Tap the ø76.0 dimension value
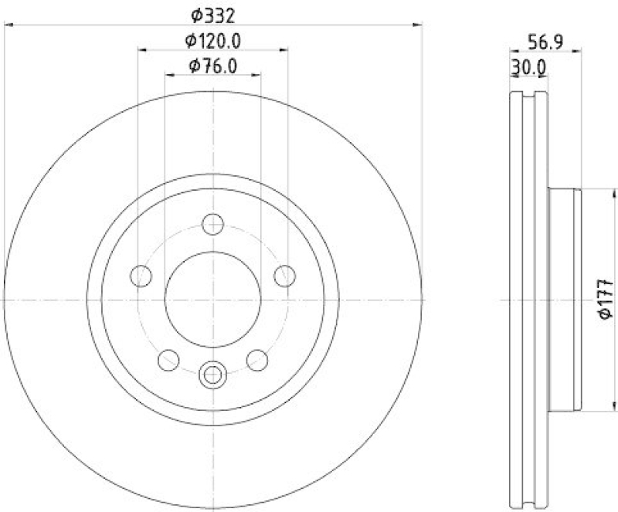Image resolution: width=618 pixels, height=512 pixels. [x=212, y=66]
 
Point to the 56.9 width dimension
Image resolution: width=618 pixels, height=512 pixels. [x=545, y=43]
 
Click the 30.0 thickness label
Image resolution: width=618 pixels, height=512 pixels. [x=528, y=67]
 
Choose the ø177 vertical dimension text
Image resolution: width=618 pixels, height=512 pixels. [x=606, y=299]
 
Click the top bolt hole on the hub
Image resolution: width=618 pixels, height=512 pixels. [x=212, y=225]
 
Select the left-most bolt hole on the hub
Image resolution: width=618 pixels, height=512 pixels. [x=141, y=275]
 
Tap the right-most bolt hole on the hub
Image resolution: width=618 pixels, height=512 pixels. [x=285, y=275]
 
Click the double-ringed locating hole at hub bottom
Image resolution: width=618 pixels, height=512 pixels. [x=212, y=376]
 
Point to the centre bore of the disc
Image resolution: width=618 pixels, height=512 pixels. [x=212, y=300]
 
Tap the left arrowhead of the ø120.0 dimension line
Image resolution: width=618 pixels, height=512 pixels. [x=141, y=50]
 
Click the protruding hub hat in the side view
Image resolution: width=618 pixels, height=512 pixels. [x=564, y=300]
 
